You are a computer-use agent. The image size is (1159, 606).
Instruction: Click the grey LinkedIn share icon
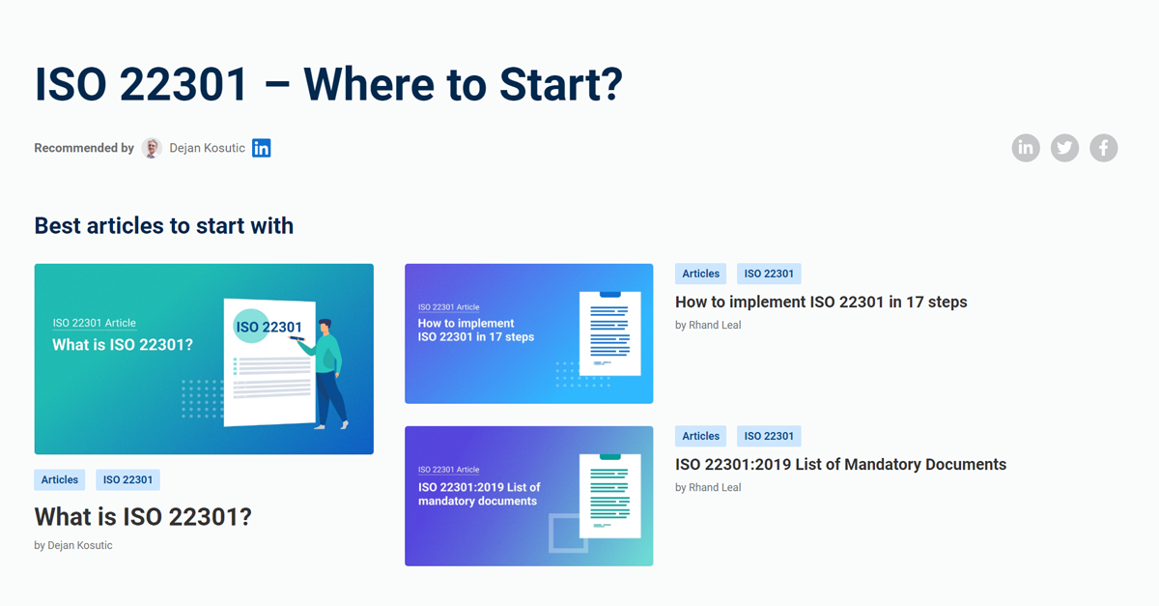click(x=1026, y=148)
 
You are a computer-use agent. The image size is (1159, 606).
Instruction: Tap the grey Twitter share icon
click(x=1064, y=148)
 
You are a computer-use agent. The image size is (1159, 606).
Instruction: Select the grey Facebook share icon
click(x=1104, y=148)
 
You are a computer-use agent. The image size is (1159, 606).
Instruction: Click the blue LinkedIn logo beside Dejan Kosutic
click(x=262, y=148)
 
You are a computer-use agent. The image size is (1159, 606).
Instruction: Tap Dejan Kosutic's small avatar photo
click(x=152, y=148)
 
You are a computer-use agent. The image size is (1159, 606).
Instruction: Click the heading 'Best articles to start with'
click(x=164, y=225)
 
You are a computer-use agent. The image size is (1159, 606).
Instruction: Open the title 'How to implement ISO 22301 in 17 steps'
click(x=821, y=302)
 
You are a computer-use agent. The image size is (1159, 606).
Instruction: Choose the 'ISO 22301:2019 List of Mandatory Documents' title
click(x=840, y=464)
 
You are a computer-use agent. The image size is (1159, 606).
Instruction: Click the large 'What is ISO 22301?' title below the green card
click(x=143, y=516)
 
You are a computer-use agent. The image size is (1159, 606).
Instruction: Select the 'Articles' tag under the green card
click(x=60, y=479)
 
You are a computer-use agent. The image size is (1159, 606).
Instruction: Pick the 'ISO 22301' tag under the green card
click(x=127, y=479)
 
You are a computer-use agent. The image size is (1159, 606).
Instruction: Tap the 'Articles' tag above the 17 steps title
click(x=701, y=274)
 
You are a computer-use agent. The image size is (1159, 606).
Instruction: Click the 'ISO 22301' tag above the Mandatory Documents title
click(x=769, y=436)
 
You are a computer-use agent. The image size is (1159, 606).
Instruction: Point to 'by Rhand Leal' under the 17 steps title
click(x=708, y=325)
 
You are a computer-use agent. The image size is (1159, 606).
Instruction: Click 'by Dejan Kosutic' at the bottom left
click(x=73, y=545)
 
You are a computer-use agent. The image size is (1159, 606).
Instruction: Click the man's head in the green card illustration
click(x=325, y=326)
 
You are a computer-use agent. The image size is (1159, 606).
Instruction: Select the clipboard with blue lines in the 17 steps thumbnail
click(x=609, y=332)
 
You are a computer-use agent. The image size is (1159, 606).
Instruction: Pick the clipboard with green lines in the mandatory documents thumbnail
click(x=609, y=495)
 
